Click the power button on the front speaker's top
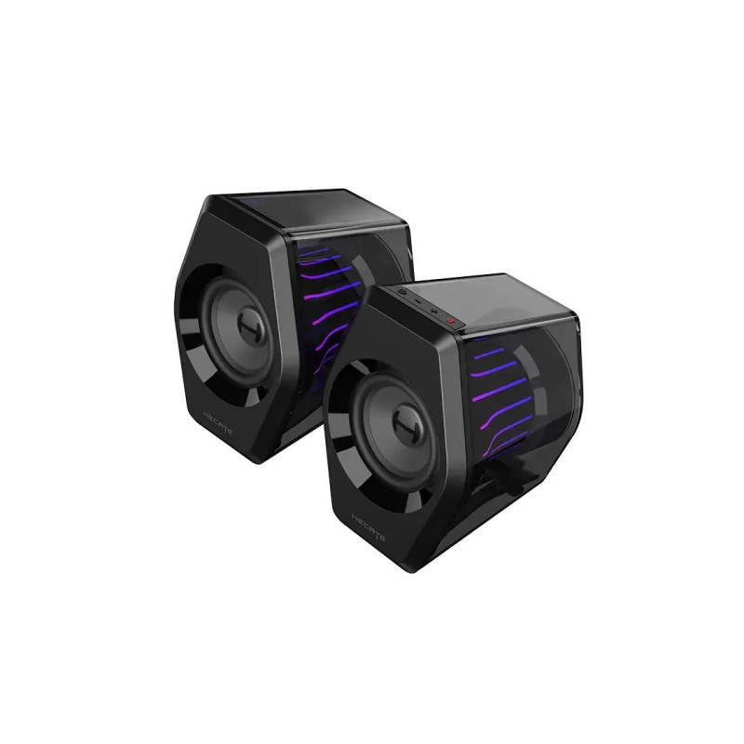(x=451, y=322)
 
